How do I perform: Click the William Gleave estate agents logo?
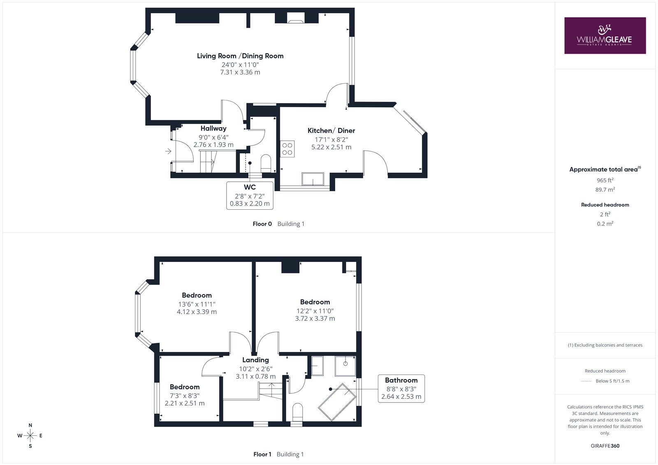(x=605, y=35)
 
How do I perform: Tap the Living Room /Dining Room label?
(x=240, y=56)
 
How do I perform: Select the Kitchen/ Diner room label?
(x=331, y=130)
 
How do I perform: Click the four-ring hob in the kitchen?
(x=287, y=149)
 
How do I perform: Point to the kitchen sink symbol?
(x=313, y=179)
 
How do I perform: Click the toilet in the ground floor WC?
(x=266, y=163)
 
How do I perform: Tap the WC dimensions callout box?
(x=250, y=195)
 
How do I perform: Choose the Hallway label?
(x=213, y=128)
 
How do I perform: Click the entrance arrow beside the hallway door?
(x=168, y=151)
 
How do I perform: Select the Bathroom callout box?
(x=401, y=389)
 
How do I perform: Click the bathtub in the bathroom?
(x=337, y=402)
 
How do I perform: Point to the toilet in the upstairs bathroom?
(x=298, y=412)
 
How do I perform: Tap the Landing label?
(x=255, y=360)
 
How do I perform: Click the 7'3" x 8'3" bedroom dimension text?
(x=185, y=396)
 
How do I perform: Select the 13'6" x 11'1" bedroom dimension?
(x=197, y=304)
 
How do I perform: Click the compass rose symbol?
(x=30, y=435)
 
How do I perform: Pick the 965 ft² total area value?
(x=605, y=180)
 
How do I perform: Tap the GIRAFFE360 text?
(x=605, y=446)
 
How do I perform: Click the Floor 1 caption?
(x=262, y=454)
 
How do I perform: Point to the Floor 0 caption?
(x=262, y=224)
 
